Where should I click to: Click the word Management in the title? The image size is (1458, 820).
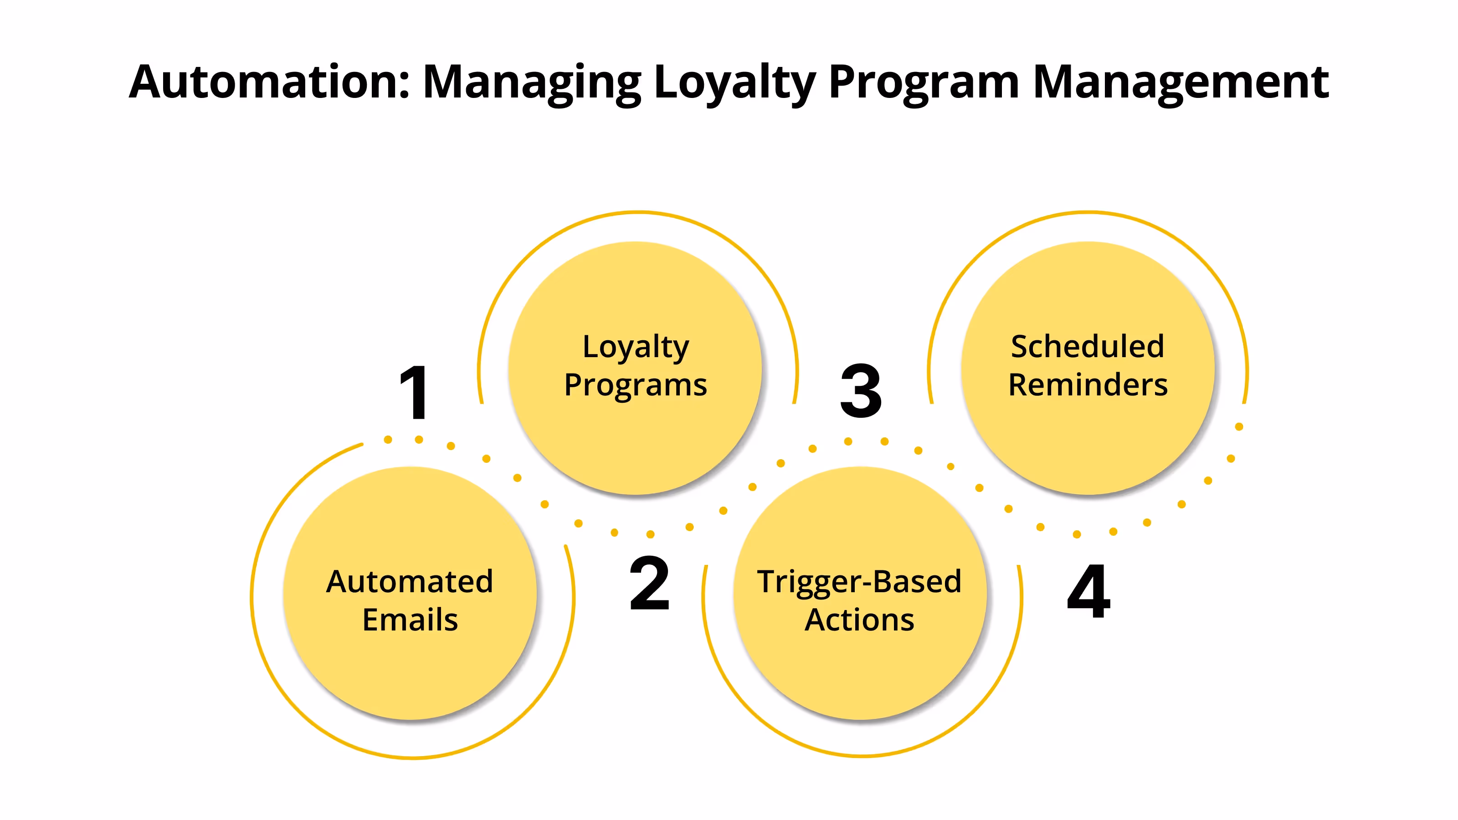[x=1181, y=82]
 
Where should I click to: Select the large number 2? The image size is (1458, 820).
[x=649, y=584]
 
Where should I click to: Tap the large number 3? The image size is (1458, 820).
[x=861, y=391]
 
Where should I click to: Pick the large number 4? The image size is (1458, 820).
[x=1088, y=591]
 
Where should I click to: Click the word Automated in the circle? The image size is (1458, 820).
[x=410, y=581]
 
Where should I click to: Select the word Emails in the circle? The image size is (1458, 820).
[x=410, y=620]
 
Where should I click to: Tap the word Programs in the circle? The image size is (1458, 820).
[x=636, y=385]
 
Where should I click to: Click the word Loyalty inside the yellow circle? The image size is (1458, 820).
[x=636, y=346]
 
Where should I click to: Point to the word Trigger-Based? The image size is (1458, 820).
[x=859, y=581]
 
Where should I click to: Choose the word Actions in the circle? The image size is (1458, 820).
[x=859, y=620]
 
